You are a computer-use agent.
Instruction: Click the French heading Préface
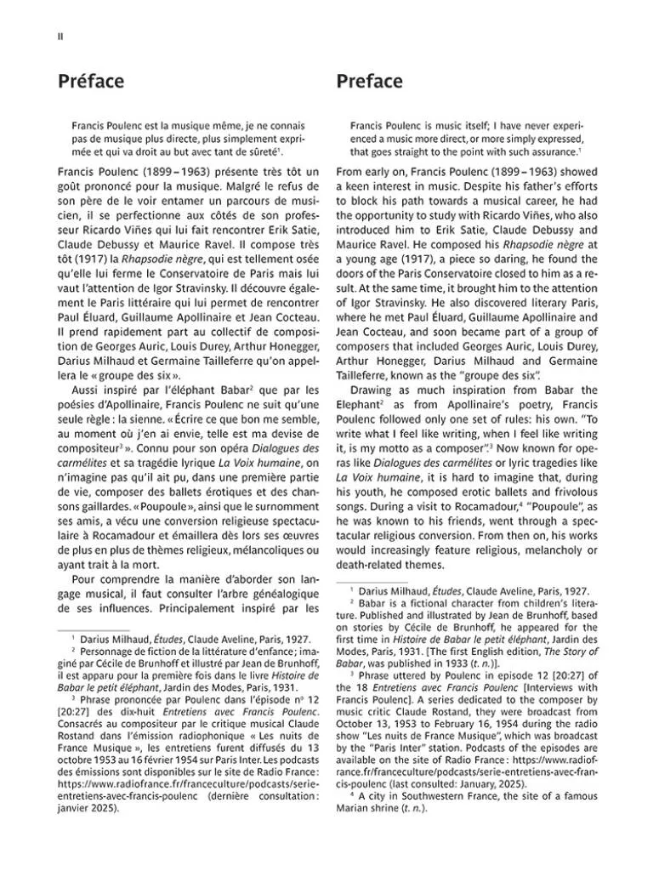pyautogui.click(x=91, y=82)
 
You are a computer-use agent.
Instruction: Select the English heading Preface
pyautogui.click(x=369, y=82)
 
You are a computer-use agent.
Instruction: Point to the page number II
pyautogui.click(x=60, y=36)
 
